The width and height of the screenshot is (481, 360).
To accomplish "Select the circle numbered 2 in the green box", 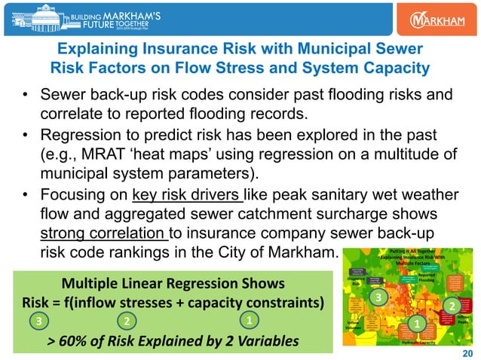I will click(128, 321).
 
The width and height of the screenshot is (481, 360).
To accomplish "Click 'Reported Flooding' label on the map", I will click(429, 278).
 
